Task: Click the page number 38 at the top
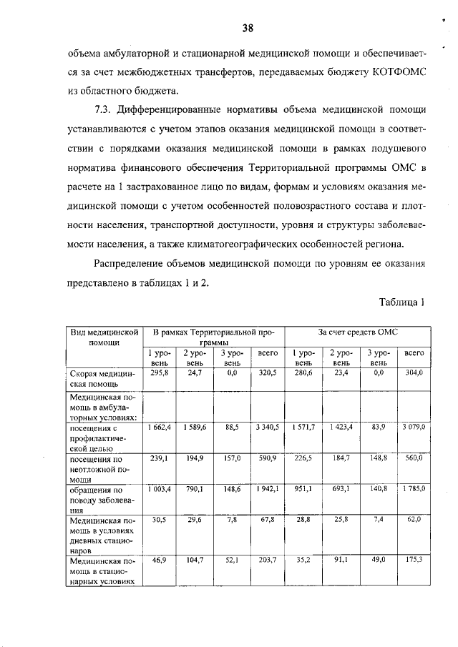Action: point(247,28)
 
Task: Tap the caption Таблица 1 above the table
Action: point(402,302)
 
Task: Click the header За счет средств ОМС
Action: point(358,332)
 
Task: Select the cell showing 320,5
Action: point(267,373)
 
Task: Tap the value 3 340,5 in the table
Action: point(267,426)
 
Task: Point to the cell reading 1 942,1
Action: point(267,490)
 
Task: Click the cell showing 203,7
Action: point(267,560)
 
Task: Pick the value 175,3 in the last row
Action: point(413,560)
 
